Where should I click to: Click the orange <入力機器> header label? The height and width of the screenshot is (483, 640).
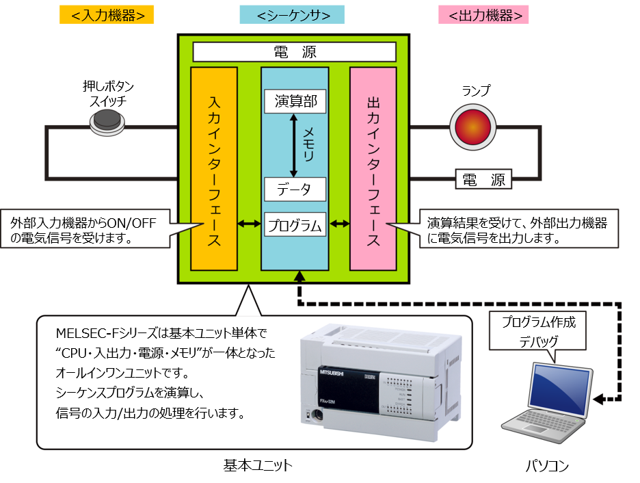click(x=107, y=15)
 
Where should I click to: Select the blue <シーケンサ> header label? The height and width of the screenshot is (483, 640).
click(x=292, y=15)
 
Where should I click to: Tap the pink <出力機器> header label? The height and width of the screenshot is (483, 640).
click(x=483, y=15)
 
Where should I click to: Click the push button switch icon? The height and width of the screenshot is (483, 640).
click(x=108, y=122)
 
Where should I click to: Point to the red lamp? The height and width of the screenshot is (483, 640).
click(x=472, y=127)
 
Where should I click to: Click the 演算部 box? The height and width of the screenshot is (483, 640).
click(x=295, y=103)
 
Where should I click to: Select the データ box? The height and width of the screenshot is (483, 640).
click(x=295, y=190)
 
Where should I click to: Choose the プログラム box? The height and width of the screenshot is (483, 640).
click(x=295, y=224)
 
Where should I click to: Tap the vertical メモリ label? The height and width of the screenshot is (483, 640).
click(x=308, y=144)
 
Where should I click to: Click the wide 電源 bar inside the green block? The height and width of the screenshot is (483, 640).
click(x=295, y=52)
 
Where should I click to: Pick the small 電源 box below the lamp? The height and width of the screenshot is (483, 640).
click(x=483, y=179)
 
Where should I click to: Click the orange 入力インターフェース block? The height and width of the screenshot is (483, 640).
click(x=213, y=168)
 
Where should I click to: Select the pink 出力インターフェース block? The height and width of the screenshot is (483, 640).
click(x=373, y=168)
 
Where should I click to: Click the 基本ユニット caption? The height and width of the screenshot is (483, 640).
click(x=258, y=465)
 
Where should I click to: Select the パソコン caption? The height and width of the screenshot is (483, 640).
click(x=546, y=466)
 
